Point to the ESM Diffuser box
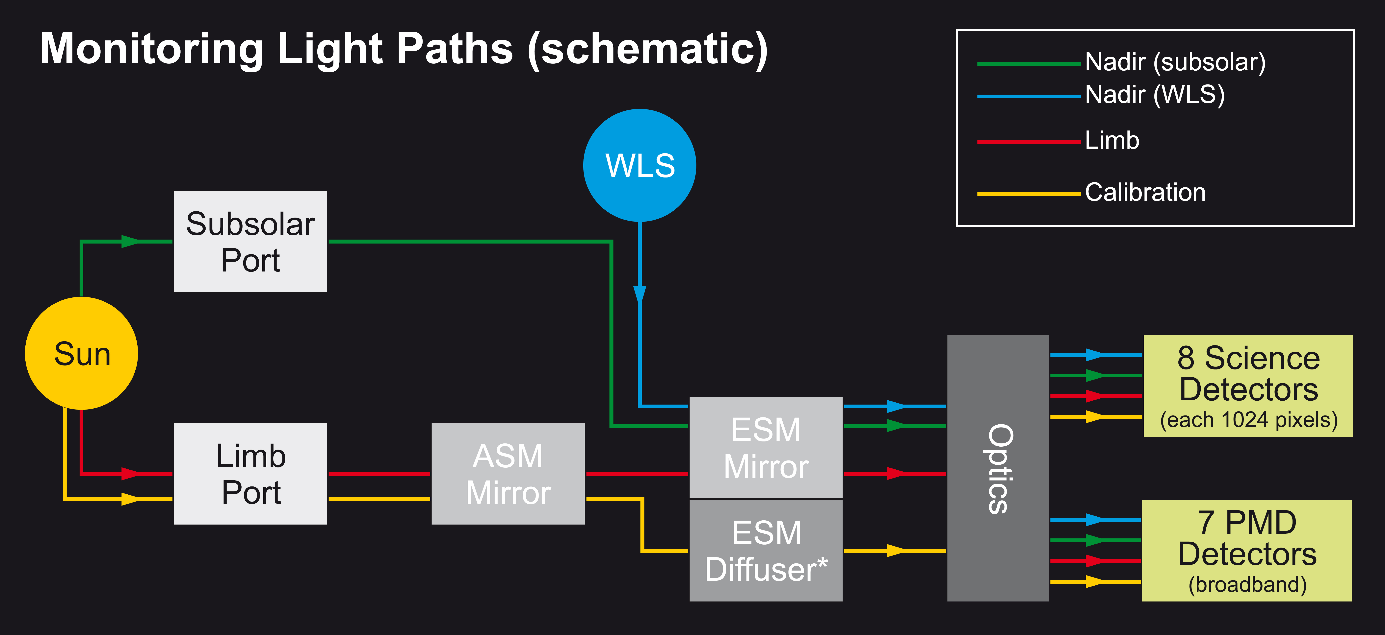point(766,551)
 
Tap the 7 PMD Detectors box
point(1246,551)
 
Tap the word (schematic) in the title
point(648,49)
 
